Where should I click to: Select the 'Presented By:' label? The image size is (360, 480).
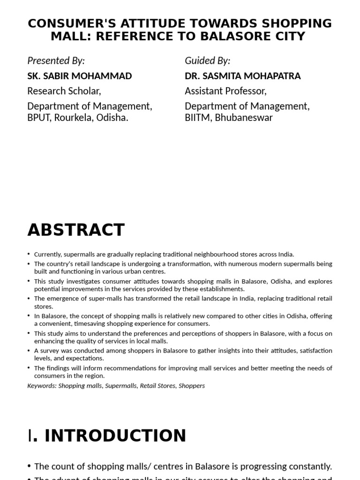pyautogui.click(x=56, y=60)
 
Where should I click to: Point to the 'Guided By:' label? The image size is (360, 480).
pyautogui.click(x=207, y=60)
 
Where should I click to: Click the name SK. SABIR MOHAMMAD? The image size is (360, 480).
pyautogui.click(x=79, y=75)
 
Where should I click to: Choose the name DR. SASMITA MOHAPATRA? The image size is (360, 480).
pyautogui.click(x=242, y=75)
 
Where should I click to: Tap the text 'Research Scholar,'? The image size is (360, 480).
pyautogui.click(x=64, y=90)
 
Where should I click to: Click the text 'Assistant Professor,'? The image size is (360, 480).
pyautogui.click(x=225, y=90)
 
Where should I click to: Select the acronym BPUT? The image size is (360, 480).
pyautogui.click(x=39, y=118)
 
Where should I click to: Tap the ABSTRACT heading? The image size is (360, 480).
pyautogui.click(x=76, y=230)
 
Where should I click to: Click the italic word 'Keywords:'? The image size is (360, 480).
pyautogui.click(x=42, y=386)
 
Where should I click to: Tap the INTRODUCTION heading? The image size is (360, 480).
pyautogui.click(x=115, y=435)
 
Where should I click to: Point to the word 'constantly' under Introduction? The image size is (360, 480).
pyautogui.click(x=307, y=466)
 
